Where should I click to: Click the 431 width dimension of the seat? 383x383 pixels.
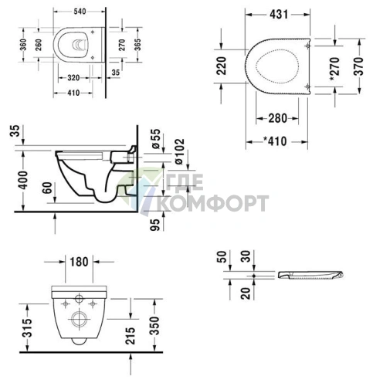pos(281,14)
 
